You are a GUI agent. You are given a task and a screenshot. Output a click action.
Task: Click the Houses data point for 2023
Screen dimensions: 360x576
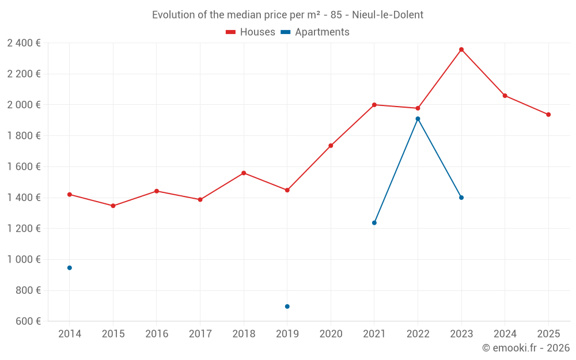tap(461, 50)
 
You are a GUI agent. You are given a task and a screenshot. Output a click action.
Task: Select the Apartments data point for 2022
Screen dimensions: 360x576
tap(418, 119)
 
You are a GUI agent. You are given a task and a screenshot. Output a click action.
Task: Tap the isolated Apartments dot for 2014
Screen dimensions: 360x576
tap(70, 268)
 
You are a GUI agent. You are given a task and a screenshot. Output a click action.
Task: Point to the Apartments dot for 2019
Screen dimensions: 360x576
tap(287, 306)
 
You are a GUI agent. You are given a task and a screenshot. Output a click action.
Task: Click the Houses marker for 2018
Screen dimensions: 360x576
tap(244, 173)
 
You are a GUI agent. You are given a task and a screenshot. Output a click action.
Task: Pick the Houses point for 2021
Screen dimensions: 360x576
tap(374, 105)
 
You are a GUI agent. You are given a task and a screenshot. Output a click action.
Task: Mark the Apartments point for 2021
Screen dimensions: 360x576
tap(374, 223)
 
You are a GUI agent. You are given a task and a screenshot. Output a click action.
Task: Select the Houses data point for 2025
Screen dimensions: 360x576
tap(548, 115)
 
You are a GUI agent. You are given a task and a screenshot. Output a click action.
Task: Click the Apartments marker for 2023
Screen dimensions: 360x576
tap(461, 198)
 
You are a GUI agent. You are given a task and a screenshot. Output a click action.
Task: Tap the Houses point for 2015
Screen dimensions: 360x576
tap(113, 206)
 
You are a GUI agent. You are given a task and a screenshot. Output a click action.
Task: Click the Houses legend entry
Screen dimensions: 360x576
tap(251, 32)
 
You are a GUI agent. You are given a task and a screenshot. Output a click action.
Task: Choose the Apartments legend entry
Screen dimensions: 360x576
tap(315, 32)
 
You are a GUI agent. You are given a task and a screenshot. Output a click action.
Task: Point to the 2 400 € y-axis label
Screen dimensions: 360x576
tap(24, 43)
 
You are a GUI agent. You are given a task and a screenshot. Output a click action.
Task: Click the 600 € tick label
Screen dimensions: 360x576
tap(28, 321)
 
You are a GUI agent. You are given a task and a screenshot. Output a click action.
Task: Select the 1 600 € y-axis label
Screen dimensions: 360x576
tap(24, 166)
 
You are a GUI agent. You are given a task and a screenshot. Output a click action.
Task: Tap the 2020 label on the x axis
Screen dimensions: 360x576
tap(331, 334)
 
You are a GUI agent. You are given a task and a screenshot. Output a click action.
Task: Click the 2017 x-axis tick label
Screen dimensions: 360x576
tap(200, 334)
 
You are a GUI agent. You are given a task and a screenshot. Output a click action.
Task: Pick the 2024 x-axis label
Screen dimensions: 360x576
tap(505, 334)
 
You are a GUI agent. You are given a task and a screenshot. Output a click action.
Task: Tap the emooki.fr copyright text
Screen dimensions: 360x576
tap(525, 348)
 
